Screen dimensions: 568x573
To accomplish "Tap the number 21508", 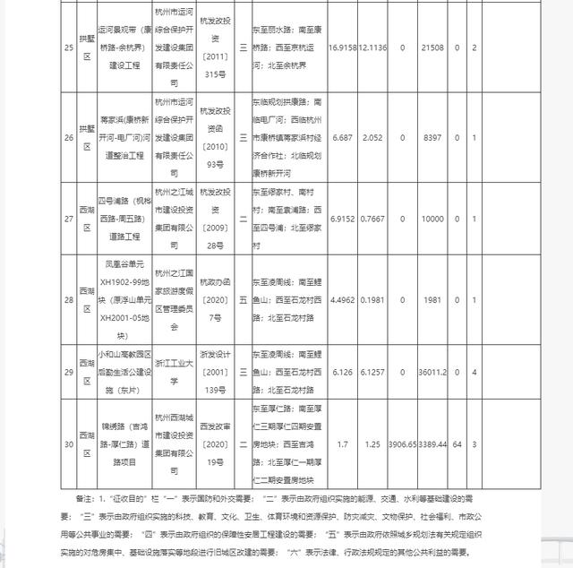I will pos(433,47).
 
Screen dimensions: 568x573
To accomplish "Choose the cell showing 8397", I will pos(433,137).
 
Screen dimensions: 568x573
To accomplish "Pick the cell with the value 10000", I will pos(433,218).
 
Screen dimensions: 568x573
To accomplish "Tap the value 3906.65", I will pos(403,443).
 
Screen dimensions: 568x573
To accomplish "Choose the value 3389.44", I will pos(434,443).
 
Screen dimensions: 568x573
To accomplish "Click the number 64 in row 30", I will pos(457,443).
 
